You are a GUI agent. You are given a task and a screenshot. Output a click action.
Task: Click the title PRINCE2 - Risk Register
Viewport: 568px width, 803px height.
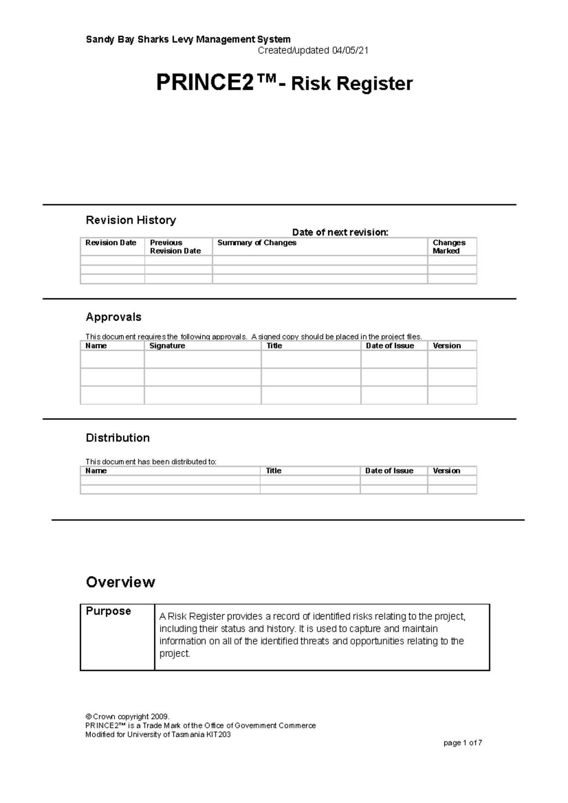[x=284, y=84]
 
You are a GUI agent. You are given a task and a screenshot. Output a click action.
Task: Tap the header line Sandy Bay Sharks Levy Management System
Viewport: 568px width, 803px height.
[x=188, y=39]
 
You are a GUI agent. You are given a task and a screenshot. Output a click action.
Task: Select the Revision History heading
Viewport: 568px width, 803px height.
[x=131, y=220]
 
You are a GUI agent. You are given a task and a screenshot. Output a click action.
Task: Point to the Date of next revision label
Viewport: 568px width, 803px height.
[x=340, y=232]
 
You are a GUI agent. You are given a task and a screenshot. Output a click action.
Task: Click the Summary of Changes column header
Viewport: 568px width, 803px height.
[x=257, y=243]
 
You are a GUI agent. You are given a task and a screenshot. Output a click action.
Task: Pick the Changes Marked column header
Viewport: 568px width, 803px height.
[x=449, y=246]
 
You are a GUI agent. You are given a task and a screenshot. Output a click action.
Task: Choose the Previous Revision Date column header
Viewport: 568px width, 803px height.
[x=175, y=246]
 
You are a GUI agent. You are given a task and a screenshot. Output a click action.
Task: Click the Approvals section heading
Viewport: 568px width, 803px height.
[x=114, y=317]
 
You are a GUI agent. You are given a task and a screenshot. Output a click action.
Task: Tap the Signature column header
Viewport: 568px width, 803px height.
[x=167, y=346]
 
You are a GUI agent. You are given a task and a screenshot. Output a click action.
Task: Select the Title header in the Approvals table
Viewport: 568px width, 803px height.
[x=274, y=346]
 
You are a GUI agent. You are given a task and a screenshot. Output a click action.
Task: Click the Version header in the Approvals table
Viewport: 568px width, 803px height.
[x=446, y=346]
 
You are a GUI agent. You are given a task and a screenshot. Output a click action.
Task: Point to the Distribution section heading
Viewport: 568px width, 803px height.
[x=117, y=438]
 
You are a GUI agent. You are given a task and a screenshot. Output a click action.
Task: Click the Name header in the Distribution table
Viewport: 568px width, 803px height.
[x=96, y=471]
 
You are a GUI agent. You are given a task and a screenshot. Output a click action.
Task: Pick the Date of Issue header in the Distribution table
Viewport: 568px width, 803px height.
[x=389, y=471]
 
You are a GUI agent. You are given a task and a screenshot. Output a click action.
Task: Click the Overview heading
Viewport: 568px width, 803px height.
[x=120, y=582]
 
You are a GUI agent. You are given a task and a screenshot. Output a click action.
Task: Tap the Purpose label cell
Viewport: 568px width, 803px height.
[x=108, y=611]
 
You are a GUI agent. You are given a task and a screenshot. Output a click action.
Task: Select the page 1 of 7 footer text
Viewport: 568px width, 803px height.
[x=462, y=743]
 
